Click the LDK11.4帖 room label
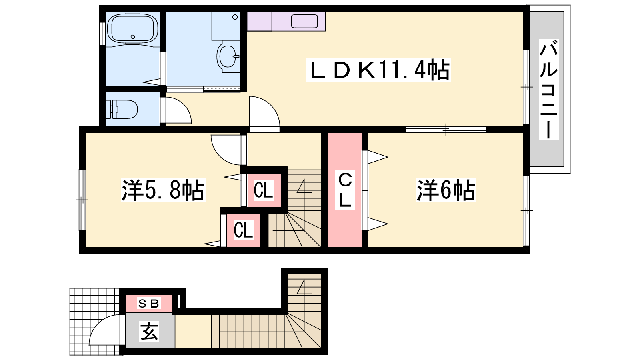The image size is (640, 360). pos(378,70)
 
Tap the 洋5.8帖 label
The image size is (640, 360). pos(163,190)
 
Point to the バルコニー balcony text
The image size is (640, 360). pos(548,90)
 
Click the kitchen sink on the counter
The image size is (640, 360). pos(304,22)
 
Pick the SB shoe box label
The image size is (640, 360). pos(148,303)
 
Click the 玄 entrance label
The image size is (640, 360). pos(149,332)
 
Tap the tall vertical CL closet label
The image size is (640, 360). pos(345,190)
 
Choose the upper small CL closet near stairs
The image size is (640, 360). pos(264,190)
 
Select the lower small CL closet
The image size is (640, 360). pos(243,230)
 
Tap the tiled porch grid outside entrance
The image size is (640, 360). pos(96,322)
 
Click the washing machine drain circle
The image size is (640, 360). pos(235,17)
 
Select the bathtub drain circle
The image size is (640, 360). pos(132,37)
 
